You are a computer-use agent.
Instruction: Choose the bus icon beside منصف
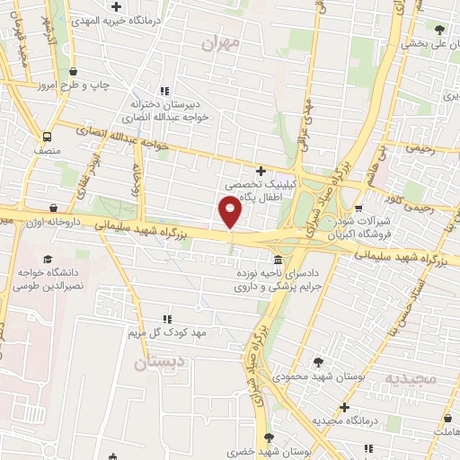click(x=47, y=137)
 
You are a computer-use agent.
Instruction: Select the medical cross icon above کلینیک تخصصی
click(x=261, y=171)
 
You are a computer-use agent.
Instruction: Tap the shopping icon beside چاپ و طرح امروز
click(x=73, y=72)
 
